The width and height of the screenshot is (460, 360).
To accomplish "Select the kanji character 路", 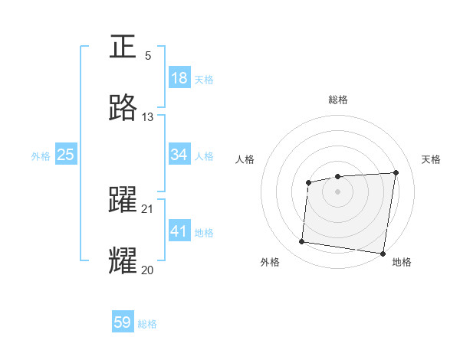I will (123, 108).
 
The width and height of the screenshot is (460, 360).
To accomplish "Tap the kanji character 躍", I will (123, 201).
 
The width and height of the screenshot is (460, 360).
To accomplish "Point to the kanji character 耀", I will (123, 260).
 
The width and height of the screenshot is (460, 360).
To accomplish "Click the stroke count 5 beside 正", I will (148, 56).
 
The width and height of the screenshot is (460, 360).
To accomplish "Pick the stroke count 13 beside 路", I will (148, 117).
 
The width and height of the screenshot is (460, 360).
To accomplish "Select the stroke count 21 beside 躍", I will (148, 208).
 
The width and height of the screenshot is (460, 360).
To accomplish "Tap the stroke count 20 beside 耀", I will (148, 269).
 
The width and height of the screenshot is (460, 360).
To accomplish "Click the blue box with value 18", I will (179, 78).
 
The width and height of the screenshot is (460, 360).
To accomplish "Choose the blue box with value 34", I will (179, 155).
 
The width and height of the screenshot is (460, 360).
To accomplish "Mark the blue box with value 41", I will (179, 231).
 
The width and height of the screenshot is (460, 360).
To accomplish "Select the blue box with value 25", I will (66, 155).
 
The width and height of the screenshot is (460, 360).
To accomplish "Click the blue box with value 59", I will (123, 323).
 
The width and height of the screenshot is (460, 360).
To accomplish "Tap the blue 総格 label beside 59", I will (147, 324).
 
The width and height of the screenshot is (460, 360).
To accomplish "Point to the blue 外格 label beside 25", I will (41, 155).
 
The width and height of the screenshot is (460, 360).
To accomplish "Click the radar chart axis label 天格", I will (431, 159).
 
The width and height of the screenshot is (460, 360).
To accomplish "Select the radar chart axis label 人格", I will (245, 159).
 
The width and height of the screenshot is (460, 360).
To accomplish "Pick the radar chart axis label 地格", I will (402, 262).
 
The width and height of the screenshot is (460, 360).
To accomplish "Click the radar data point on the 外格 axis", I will (301, 242).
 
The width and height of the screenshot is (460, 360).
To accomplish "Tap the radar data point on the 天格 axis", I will (396, 172).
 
